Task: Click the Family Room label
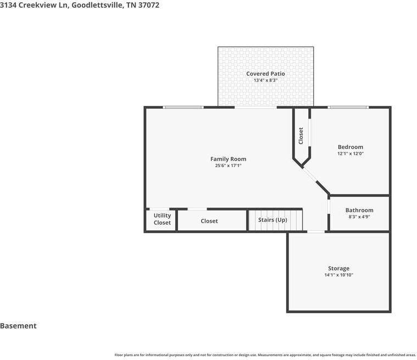coord(228,159)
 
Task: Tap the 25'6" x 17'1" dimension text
coord(228,165)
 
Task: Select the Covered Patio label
coord(265,74)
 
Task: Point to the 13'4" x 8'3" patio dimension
coord(265,80)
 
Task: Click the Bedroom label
coord(351,147)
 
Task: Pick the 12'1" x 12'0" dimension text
coord(351,153)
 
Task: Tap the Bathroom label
coord(359,210)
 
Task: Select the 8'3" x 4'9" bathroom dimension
coord(359,217)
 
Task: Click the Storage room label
coord(338,268)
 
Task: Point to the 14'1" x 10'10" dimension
coord(338,275)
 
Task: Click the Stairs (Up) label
coord(273,220)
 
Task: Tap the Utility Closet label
coord(162,219)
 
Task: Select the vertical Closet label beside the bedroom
coord(301,136)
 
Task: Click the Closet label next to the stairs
coord(209,221)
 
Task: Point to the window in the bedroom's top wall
coord(348,107)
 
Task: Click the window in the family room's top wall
coord(184,107)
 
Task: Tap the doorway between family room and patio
coord(255,108)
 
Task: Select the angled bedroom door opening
coord(309,174)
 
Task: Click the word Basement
coord(18,326)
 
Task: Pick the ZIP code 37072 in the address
coord(149,5)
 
